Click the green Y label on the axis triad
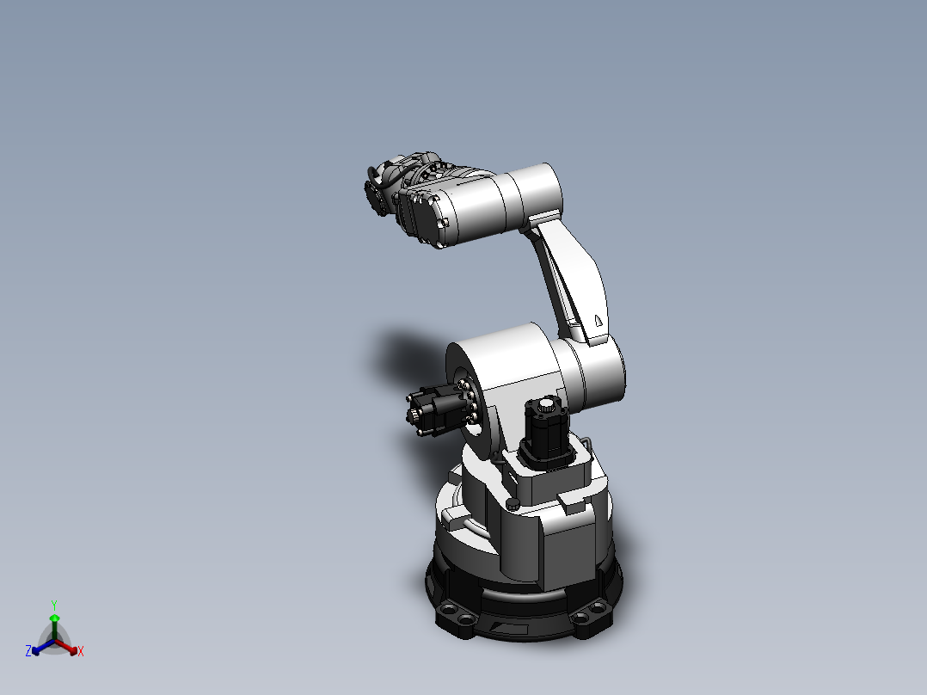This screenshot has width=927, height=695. tap(53, 605)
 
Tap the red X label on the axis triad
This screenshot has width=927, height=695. tap(81, 652)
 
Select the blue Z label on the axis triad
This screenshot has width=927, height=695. tap(28, 652)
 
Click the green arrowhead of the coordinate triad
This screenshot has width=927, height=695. tap(53, 618)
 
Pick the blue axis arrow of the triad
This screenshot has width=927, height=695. tap(40, 647)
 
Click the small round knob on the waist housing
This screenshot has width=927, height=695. tap(513, 504)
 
